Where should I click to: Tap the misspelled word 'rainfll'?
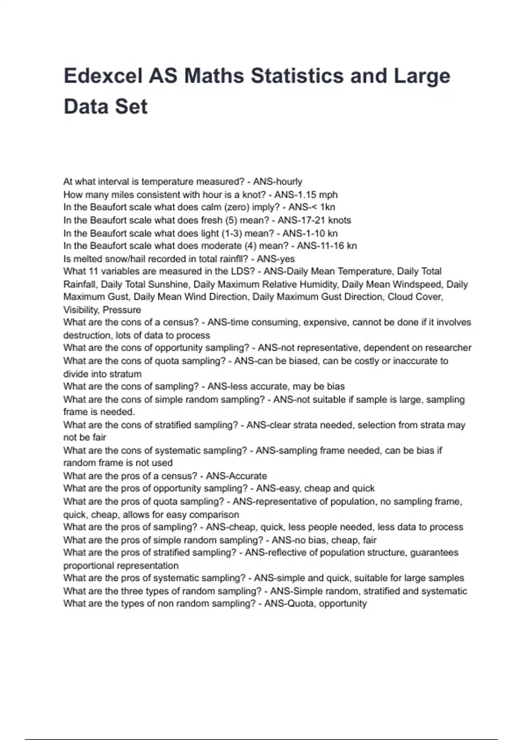232,259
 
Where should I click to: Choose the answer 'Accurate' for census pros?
248,476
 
